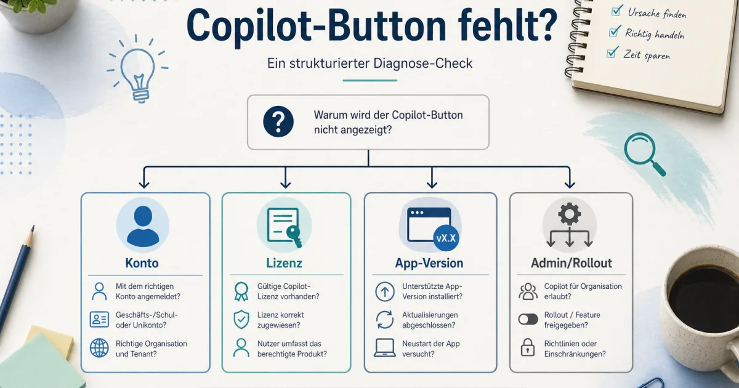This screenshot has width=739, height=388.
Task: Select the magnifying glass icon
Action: pyautogui.click(x=644, y=153)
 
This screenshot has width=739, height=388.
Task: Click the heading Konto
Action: pyautogui.click(x=142, y=263)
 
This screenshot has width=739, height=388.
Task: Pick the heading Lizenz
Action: pyautogui.click(x=285, y=264)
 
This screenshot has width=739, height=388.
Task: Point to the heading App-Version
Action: pyautogui.click(x=429, y=264)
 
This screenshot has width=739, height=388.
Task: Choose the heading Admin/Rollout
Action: pyautogui.click(x=571, y=264)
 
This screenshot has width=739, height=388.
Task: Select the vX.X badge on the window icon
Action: pyautogui.click(x=448, y=238)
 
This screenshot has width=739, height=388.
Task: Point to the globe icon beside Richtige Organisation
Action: pyautogui.click(x=99, y=348)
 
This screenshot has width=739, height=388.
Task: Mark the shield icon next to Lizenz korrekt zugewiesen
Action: pyautogui.click(x=241, y=319)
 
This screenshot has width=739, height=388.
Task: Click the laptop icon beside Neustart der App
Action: pyautogui.click(x=384, y=348)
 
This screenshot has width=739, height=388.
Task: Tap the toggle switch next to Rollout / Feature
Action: pyautogui.click(x=528, y=319)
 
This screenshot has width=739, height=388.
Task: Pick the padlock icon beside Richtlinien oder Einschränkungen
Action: pyautogui.click(x=528, y=348)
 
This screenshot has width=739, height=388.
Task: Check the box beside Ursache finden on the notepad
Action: pyautogui.click(x=615, y=10)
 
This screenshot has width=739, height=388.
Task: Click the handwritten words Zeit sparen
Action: pyautogui.click(x=647, y=55)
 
